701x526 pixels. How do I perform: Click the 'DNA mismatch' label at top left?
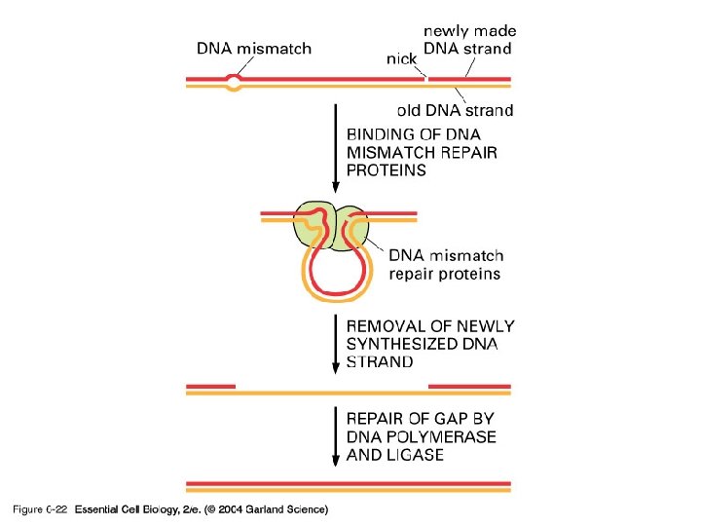(x=254, y=49)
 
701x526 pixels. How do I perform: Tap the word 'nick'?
(x=402, y=58)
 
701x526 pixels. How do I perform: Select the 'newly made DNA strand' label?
(x=468, y=40)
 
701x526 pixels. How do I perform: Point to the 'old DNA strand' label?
(x=455, y=110)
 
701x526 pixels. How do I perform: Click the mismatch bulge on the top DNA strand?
(x=234, y=82)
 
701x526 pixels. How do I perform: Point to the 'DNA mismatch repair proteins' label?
(x=446, y=265)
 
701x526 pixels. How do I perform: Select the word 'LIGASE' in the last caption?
(x=414, y=455)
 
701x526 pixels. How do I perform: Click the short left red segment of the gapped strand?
(x=210, y=386)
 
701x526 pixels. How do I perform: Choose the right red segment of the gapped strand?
(x=470, y=386)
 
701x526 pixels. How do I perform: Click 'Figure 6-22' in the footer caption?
(x=38, y=509)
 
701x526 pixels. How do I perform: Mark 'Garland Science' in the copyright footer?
(x=288, y=509)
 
